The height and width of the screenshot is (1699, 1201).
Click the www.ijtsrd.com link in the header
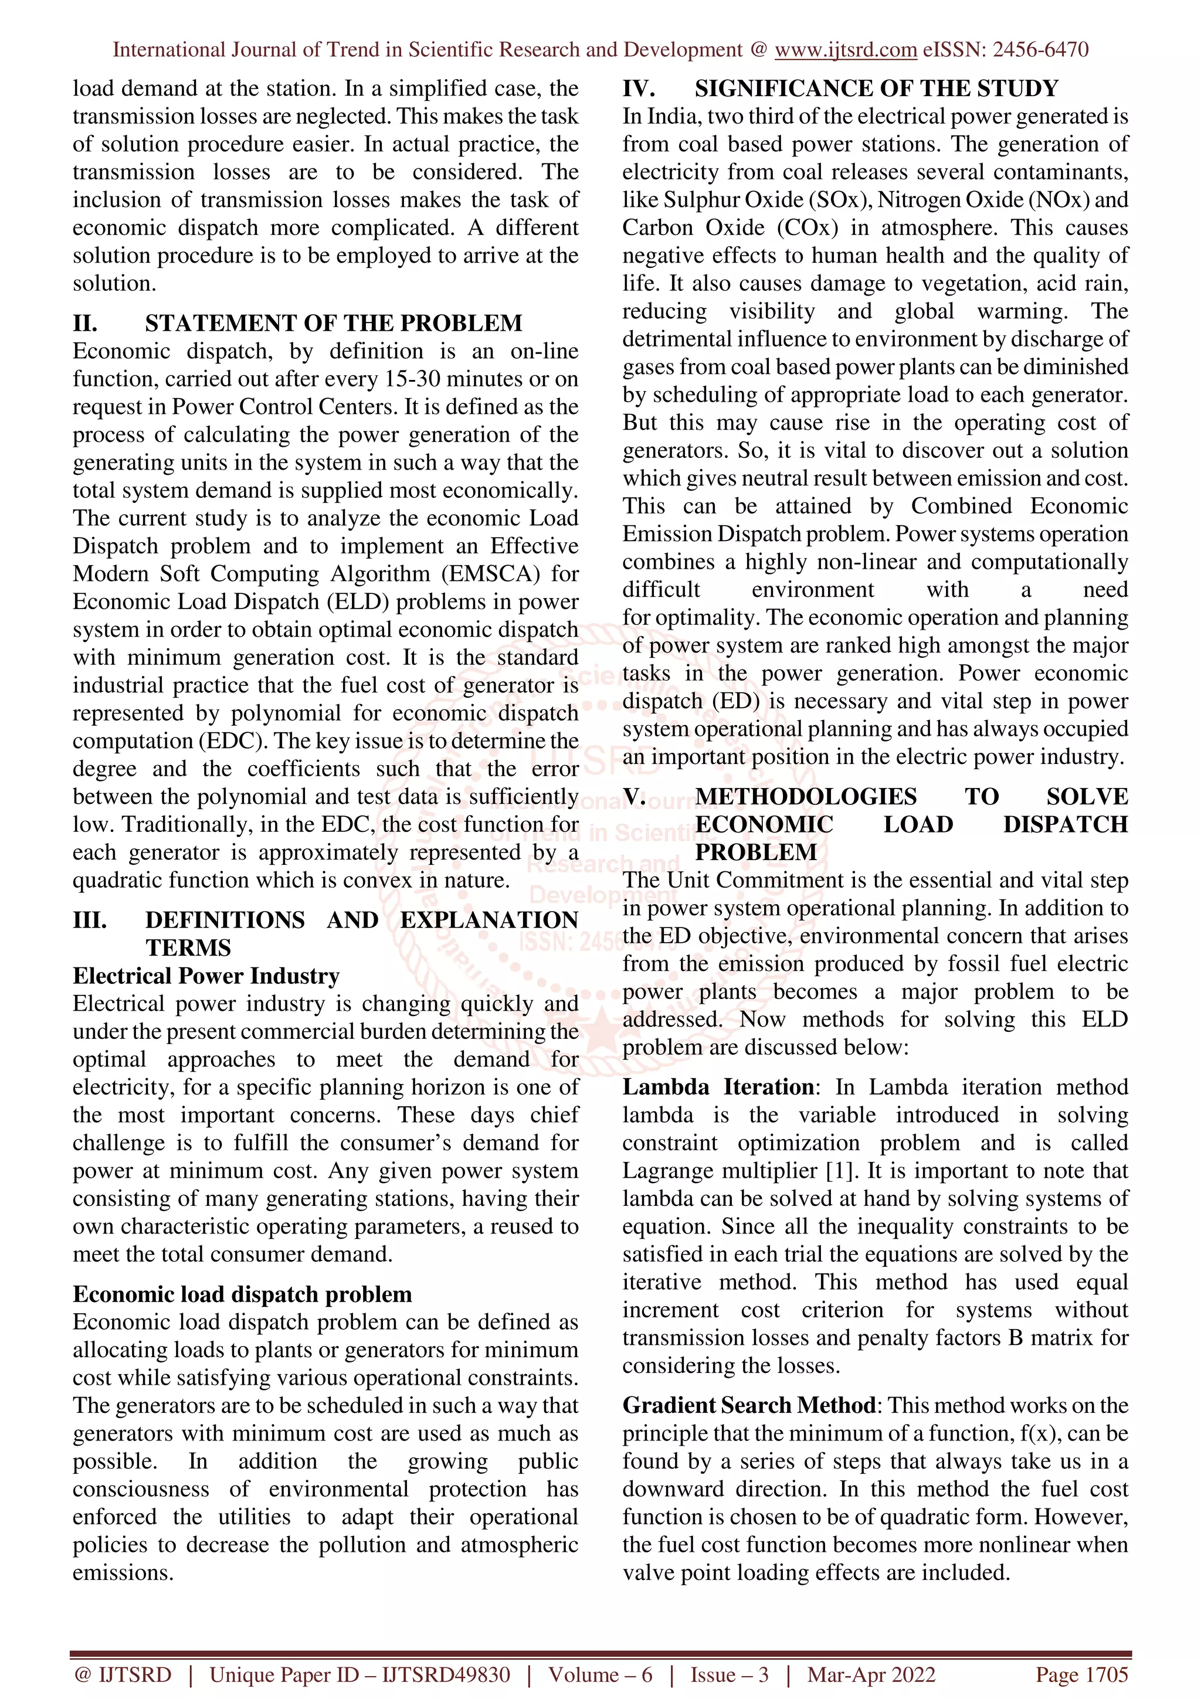click(x=845, y=50)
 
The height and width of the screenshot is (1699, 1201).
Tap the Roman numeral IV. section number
click(x=638, y=89)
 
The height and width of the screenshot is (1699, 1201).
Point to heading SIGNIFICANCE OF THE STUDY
click(x=876, y=89)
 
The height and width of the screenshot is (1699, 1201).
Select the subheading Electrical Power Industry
click(x=206, y=976)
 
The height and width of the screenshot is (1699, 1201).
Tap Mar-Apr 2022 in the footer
click(x=871, y=1674)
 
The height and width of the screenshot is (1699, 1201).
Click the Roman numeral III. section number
click(x=90, y=920)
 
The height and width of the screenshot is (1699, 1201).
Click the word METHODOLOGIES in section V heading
click(x=805, y=796)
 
